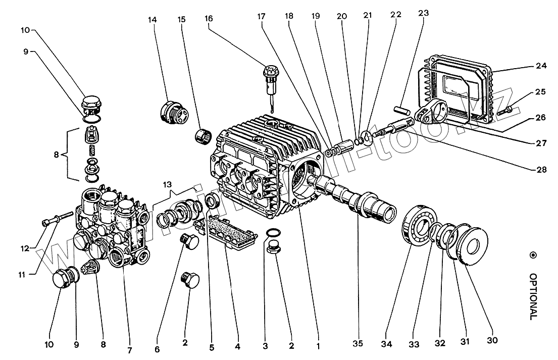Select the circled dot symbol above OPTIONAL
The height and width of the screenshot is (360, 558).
point(532,255)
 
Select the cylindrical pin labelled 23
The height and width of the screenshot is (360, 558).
point(401,108)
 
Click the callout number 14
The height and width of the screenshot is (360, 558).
point(152,20)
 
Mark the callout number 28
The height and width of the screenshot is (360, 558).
point(541,170)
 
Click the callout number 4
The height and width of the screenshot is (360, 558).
point(238,347)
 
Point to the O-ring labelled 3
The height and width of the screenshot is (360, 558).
point(272,232)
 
